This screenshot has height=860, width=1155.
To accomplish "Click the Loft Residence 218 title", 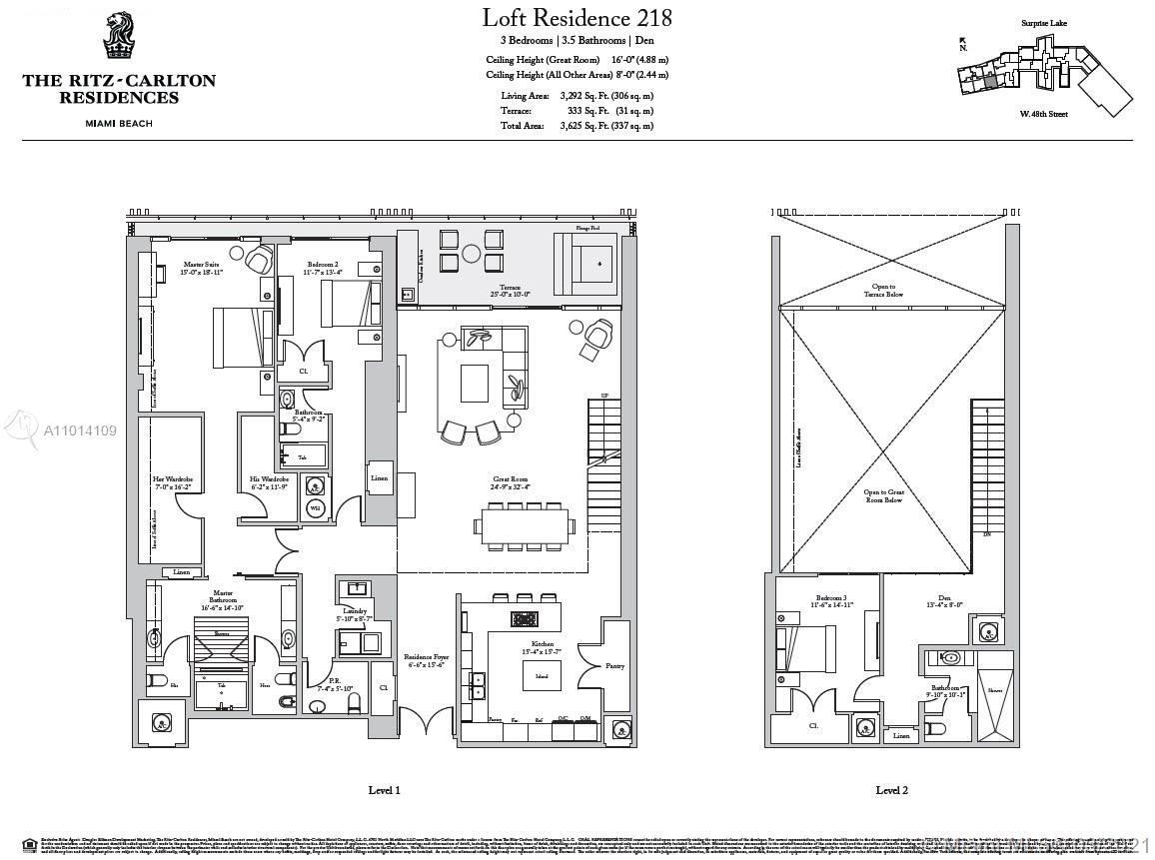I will coord(577,18).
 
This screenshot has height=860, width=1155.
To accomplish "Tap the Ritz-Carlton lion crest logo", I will coord(118,37).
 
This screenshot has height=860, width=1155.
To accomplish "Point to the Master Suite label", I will coord(173,267).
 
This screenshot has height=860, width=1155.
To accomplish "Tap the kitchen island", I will coord(542,675).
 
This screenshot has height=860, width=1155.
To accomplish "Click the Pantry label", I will coord(615,664).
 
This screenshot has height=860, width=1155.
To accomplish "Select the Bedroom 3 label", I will coord(831,602).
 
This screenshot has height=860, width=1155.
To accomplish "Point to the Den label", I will coord(944,600).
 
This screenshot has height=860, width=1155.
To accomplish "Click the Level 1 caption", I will coord(384,790).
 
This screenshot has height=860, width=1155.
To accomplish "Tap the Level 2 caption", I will coord(891,790).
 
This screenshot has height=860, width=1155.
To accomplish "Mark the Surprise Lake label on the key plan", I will coord(1044,22).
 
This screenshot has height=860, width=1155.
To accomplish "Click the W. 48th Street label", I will coord(1043,115).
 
